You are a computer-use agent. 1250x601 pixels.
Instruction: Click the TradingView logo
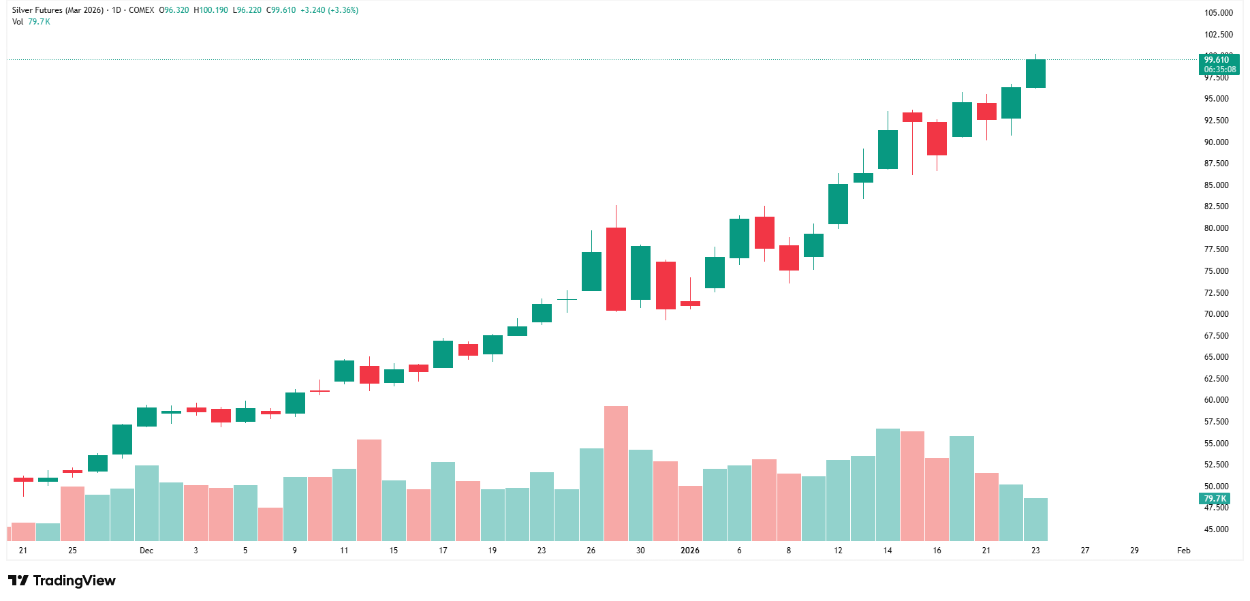click(x=62, y=581)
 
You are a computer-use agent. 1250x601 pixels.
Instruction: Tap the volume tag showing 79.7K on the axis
click(x=1215, y=499)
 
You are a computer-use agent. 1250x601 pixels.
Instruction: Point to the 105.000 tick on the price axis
click(x=1218, y=13)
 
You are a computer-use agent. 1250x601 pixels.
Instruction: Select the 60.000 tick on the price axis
click(x=1216, y=400)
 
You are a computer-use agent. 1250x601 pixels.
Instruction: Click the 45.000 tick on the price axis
click(x=1216, y=529)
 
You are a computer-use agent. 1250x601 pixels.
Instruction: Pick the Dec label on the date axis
click(x=146, y=551)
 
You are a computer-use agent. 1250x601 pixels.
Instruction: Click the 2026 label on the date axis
click(x=689, y=551)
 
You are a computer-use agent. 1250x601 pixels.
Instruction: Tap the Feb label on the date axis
click(x=1183, y=551)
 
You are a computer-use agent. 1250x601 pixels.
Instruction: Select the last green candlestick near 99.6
click(x=1035, y=74)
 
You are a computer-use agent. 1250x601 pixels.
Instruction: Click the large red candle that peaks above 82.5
click(x=616, y=269)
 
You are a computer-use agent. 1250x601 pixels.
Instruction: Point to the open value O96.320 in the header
click(x=174, y=10)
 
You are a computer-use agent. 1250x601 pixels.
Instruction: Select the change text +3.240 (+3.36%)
click(x=329, y=10)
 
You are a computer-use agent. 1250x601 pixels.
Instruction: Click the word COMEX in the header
click(x=142, y=10)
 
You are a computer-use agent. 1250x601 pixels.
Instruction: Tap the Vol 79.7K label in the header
click(x=31, y=22)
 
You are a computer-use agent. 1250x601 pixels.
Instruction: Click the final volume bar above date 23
click(x=1035, y=519)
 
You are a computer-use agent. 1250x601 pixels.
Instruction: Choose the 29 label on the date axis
click(x=1134, y=551)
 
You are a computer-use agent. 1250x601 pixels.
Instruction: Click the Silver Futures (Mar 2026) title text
click(x=58, y=10)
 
